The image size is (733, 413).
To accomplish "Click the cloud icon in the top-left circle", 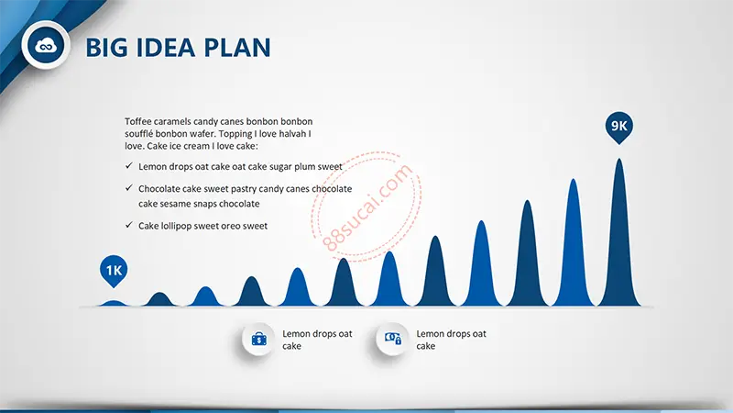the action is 46,45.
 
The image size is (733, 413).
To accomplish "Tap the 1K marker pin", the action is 114,271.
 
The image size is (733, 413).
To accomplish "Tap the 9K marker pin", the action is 619,127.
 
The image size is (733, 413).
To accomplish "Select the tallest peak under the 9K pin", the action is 619,243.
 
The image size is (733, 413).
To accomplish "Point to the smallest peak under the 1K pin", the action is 114,304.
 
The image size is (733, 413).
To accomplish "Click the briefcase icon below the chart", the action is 259,339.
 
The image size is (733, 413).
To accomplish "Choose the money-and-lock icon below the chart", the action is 393,338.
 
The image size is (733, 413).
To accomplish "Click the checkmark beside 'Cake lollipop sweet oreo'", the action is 129,225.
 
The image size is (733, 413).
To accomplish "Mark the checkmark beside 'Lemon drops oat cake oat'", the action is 129,165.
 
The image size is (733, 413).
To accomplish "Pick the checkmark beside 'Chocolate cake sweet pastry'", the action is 129,188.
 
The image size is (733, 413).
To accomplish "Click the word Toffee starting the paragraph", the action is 138,121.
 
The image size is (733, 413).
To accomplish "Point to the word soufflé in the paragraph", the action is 139,133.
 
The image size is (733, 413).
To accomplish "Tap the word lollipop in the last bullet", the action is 176,226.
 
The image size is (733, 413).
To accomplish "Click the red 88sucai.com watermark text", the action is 367,207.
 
